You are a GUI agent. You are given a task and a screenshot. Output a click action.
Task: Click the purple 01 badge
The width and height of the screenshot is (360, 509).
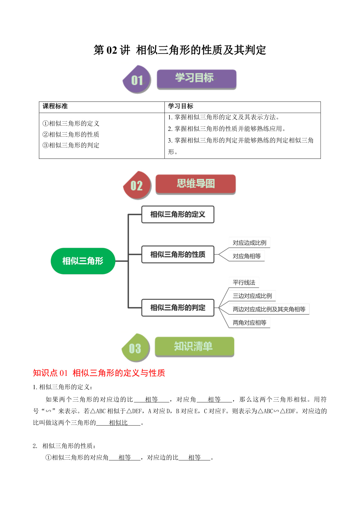137,80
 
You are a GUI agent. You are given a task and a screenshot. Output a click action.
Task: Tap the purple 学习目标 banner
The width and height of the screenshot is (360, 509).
196,79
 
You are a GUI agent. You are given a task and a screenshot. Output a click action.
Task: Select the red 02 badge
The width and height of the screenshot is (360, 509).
137,185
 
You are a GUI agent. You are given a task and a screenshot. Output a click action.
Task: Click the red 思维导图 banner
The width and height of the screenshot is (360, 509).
196,184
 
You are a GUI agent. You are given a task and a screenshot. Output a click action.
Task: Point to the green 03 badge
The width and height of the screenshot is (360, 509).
135,348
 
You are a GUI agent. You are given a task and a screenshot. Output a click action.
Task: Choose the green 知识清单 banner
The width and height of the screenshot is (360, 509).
194,346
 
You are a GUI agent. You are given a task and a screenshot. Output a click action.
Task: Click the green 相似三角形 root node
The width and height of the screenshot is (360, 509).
83,261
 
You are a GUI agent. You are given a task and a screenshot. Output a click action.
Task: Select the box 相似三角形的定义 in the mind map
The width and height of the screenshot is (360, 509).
178,214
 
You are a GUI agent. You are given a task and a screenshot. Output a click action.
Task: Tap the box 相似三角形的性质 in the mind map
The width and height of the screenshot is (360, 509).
178,255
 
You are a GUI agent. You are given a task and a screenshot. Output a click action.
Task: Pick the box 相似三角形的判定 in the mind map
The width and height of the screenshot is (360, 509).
178,308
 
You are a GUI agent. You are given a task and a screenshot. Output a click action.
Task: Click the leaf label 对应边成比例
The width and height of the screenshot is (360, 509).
249,243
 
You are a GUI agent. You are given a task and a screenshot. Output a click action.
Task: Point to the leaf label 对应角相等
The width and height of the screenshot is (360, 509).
247,256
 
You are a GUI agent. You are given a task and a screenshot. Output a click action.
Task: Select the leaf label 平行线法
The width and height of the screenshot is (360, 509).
244,282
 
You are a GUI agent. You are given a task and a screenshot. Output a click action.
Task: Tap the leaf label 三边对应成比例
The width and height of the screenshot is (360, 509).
252,296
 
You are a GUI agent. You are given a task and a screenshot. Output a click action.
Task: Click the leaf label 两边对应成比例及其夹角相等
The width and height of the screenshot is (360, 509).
269,309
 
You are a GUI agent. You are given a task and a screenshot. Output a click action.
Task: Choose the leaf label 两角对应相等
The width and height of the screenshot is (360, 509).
249,322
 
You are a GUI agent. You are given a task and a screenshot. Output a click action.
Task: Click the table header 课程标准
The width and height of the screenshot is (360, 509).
55,106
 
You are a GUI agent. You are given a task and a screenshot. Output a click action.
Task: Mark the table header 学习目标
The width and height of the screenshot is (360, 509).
180,106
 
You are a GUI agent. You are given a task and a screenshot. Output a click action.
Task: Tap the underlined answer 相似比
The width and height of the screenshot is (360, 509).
118,423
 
